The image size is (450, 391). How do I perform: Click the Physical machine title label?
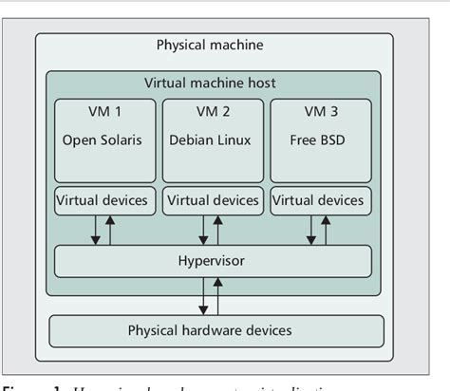[x=209, y=46]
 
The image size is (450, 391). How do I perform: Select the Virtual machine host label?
[x=210, y=84]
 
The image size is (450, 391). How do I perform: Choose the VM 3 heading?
[x=319, y=112]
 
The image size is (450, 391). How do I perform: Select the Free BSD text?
[x=319, y=141]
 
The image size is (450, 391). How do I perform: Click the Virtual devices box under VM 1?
[x=103, y=200]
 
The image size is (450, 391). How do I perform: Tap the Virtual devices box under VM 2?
[x=212, y=200]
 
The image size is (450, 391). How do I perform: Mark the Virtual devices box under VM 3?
[x=319, y=200]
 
